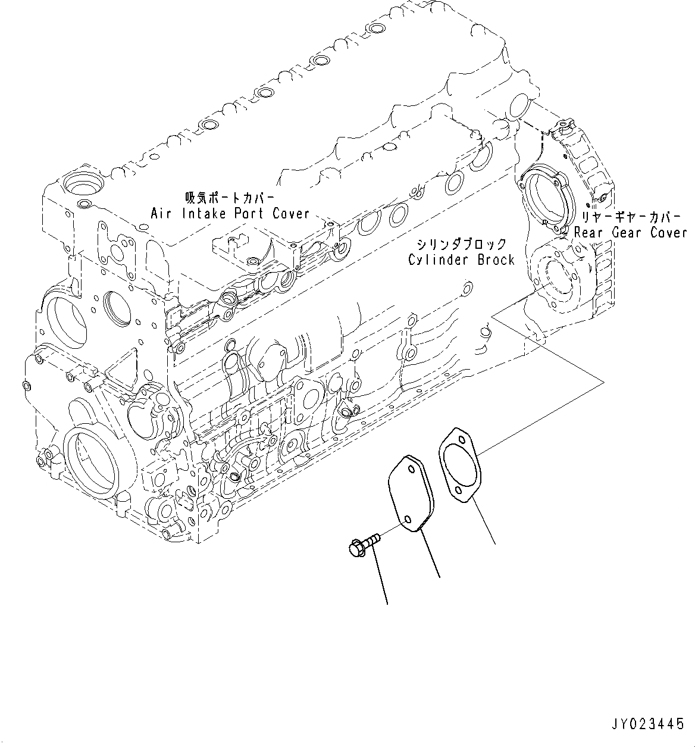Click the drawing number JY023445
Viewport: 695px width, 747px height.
[646, 724]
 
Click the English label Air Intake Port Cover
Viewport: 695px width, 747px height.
[230, 213]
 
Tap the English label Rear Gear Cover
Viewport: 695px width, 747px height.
[630, 232]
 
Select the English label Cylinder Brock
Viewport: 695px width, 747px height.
[461, 260]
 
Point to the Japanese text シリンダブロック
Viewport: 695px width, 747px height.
[461, 244]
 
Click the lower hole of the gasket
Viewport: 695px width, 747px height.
[458, 490]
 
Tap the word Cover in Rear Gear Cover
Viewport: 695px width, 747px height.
[668, 232]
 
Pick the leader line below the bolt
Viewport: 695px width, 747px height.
[378, 576]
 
